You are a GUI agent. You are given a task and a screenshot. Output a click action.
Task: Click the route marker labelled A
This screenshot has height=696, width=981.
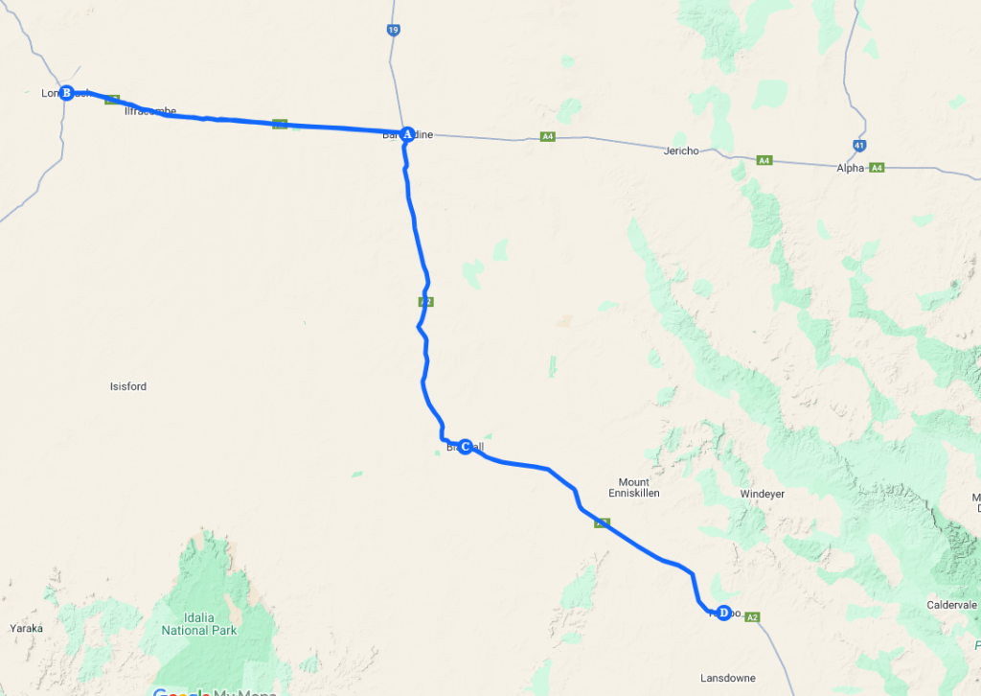point(406,134)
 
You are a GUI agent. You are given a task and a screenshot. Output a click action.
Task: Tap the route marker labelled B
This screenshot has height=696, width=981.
point(66,93)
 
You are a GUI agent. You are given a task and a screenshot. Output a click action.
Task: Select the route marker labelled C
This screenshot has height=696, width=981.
point(465,447)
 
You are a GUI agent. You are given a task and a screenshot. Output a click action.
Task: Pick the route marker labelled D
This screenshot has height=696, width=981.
point(724,613)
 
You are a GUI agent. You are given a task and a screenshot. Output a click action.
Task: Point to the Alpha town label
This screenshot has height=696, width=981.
point(850,168)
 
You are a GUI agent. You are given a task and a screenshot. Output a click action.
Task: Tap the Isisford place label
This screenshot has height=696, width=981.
point(128,387)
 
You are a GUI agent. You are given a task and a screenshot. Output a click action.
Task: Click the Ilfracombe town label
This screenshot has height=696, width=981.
point(150,111)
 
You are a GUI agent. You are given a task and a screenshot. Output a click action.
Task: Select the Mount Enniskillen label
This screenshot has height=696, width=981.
point(633,487)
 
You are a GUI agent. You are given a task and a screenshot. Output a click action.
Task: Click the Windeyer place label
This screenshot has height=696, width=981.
point(763,494)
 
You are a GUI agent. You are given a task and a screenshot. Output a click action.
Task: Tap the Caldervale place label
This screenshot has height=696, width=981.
point(951,605)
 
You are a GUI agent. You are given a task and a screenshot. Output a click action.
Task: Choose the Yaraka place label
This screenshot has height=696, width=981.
point(26,628)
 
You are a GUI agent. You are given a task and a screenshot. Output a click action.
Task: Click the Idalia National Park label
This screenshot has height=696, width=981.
point(198,624)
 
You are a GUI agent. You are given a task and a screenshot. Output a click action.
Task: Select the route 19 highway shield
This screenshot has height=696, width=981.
point(394,31)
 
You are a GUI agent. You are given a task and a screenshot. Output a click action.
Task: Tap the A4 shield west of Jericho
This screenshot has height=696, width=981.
point(547,137)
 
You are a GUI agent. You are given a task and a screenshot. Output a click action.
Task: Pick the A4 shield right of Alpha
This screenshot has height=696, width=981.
point(877,168)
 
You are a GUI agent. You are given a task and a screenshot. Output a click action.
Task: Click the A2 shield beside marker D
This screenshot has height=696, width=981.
point(753,616)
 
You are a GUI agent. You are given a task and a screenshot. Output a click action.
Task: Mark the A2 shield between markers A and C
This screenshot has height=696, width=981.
point(426,301)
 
